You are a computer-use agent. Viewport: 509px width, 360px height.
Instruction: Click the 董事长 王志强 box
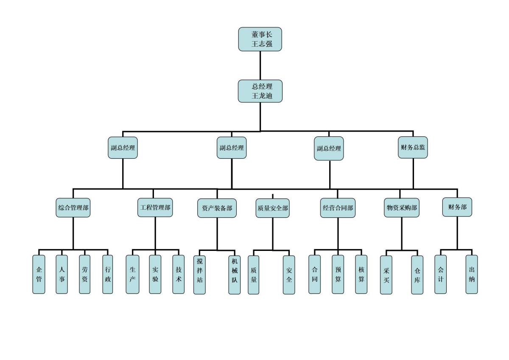260,39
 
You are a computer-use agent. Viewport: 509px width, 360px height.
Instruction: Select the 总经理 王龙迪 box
260,91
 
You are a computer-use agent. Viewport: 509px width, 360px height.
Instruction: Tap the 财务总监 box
413,147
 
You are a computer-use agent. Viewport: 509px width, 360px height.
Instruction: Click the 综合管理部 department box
73,208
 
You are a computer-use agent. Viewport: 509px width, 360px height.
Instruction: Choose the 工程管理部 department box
155,208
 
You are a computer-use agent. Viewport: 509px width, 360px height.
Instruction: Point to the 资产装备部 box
217,208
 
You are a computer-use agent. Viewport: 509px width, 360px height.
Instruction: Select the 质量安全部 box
272,208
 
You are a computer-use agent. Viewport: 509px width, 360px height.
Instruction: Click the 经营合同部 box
338,208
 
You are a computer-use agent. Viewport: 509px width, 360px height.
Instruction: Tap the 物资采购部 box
401,208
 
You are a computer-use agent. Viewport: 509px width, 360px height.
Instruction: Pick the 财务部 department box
457,207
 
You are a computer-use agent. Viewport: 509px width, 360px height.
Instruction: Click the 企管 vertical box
39,274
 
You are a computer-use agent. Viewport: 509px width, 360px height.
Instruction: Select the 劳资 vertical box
84,274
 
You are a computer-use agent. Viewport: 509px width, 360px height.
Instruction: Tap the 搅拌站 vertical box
200,274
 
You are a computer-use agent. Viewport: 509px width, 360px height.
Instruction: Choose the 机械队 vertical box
235,274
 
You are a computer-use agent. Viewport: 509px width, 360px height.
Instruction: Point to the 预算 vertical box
338,274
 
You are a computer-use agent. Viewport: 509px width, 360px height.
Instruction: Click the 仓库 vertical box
417,274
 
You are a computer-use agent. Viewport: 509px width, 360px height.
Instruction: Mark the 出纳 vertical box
472,274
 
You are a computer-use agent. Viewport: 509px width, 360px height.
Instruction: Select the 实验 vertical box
155,274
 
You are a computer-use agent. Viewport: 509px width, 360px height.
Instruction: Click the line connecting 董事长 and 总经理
260,65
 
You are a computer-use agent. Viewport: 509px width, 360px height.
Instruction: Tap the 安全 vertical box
289,274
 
